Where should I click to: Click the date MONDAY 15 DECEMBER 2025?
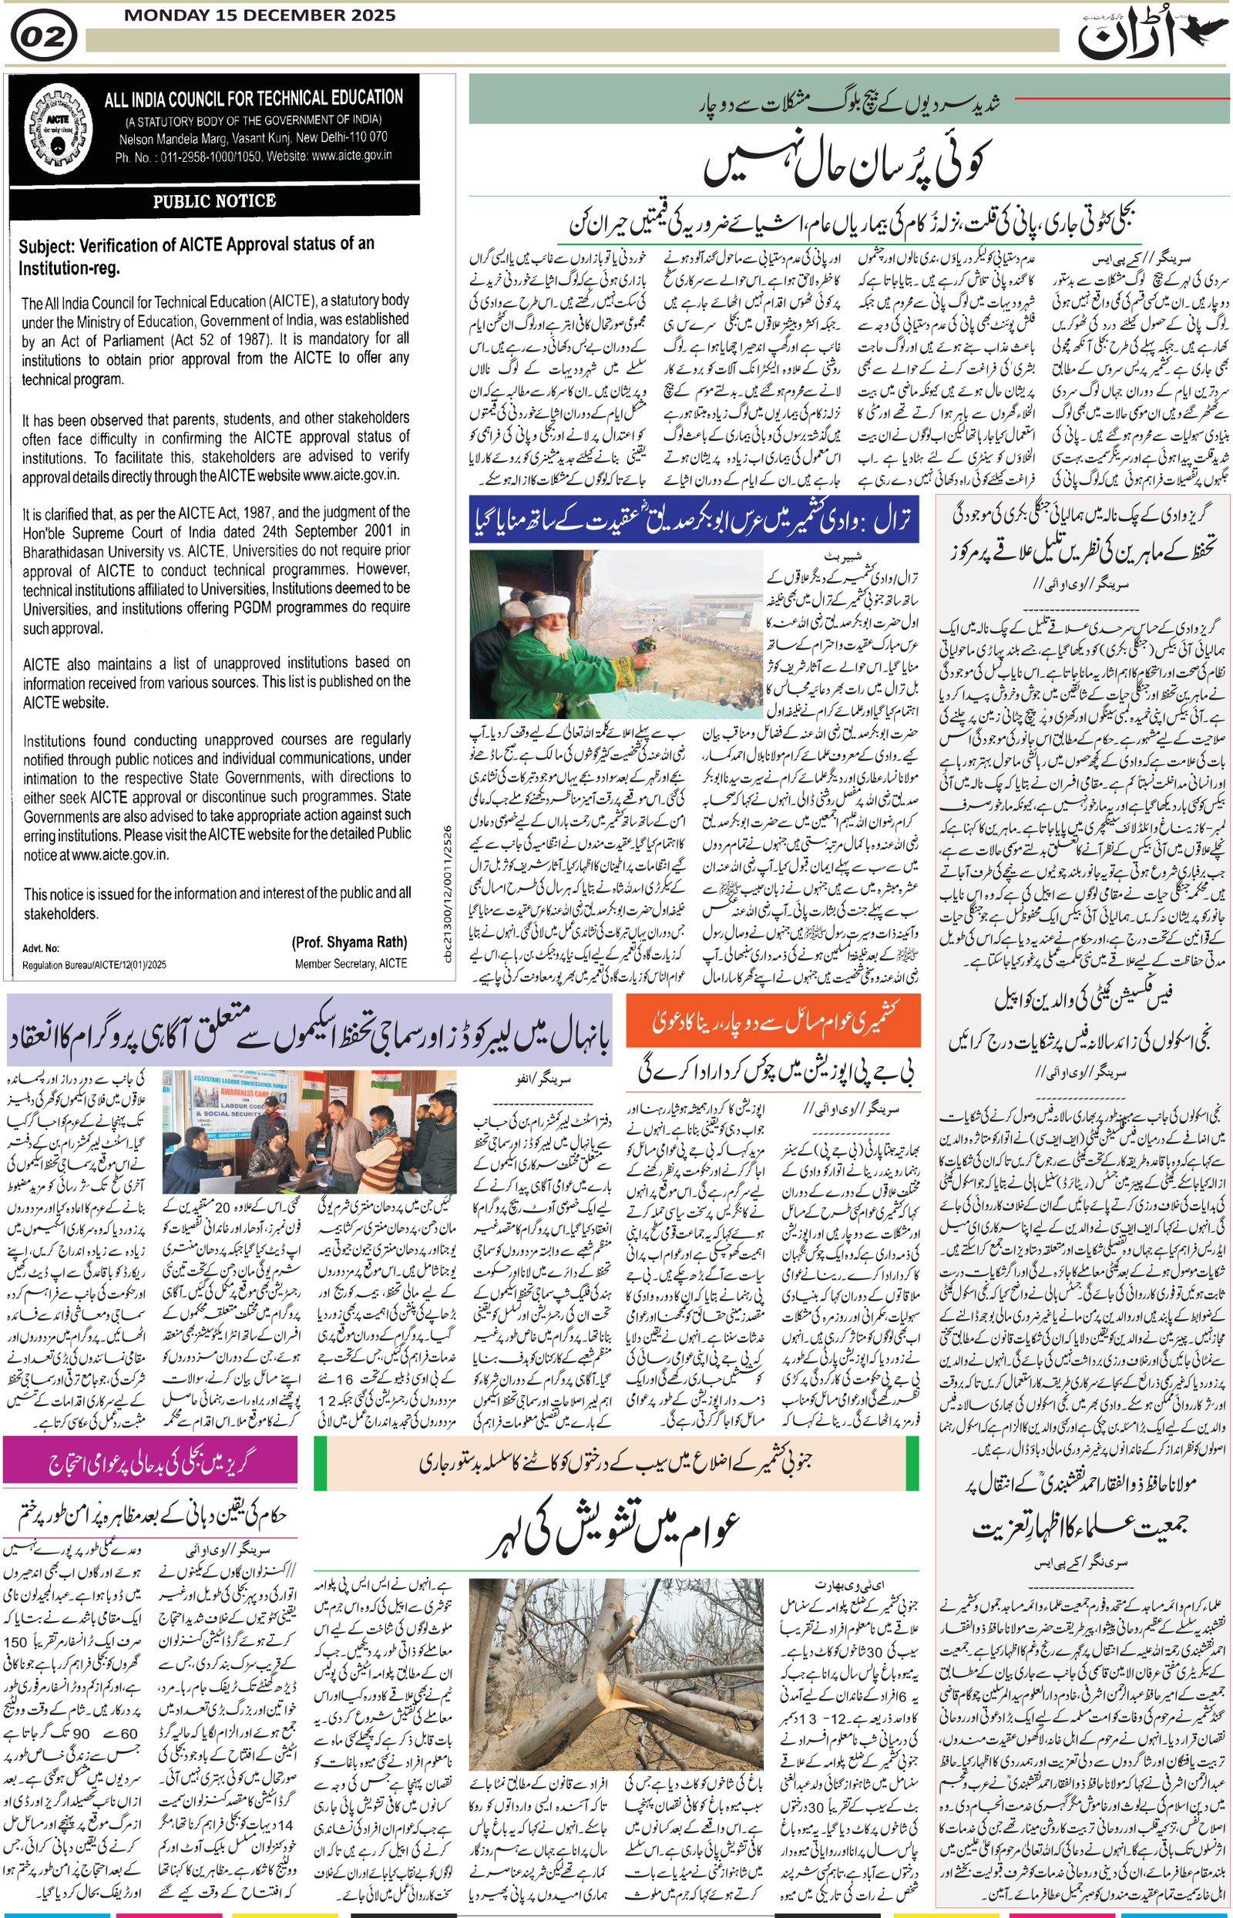pyautogui.click(x=260, y=15)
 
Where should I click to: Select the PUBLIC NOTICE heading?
pyautogui.click(x=214, y=201)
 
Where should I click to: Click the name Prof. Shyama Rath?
pyautogui.click(x=349, y=942)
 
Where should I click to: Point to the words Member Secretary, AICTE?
pyautogui.click(x=351, y=964)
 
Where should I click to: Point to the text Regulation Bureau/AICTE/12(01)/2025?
pyautogui.click(x=94, y=966)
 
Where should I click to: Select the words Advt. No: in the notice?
pyautogui.click(x=41, y=949)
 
